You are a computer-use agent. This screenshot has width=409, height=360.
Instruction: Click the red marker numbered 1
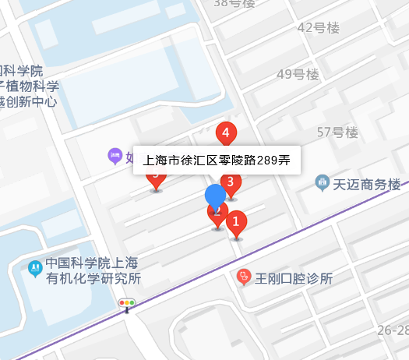[237, 223]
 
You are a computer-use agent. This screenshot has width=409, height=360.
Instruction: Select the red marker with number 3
[231, 184]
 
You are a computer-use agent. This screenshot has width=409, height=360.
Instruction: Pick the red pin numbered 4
[226, 133]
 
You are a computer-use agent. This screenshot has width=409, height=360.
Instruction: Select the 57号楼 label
[336, 132]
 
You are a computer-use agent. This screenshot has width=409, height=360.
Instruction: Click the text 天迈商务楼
[366, 185]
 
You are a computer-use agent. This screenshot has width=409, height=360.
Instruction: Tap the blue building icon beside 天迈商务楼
[322, 184]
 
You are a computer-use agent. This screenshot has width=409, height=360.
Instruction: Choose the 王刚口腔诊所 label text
[294, 278]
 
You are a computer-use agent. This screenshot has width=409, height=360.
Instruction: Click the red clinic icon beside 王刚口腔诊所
[245, 277]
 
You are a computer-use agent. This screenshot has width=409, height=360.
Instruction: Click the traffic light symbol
[126, 302]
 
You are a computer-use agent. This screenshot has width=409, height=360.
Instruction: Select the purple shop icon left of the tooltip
[115, 156]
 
